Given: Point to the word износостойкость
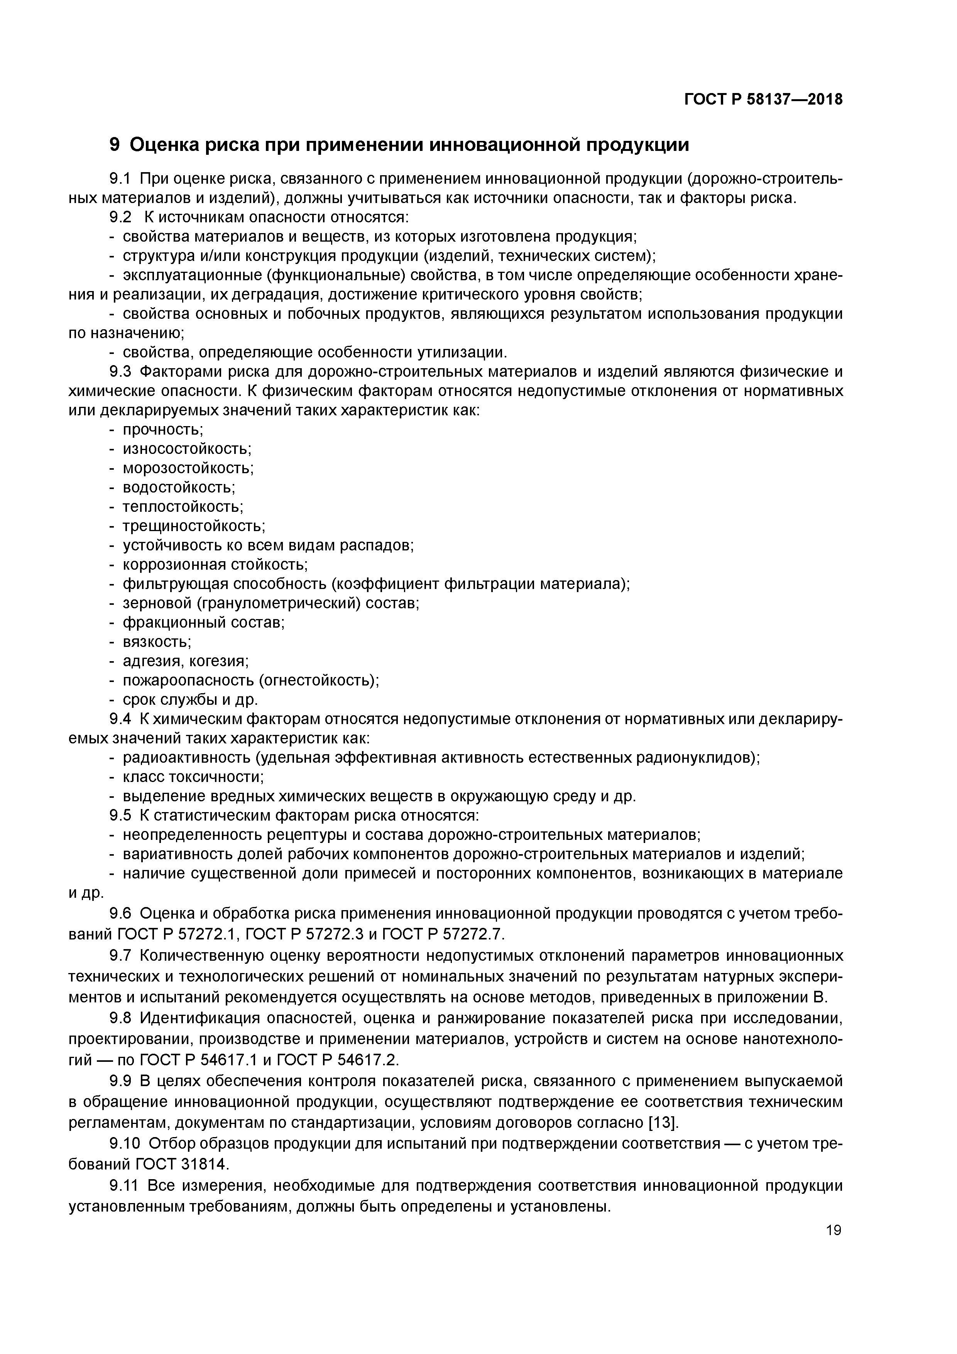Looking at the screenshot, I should pos(187,449).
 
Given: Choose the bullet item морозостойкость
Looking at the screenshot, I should pos(188,469).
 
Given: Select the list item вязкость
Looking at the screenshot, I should pos(157,641).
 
